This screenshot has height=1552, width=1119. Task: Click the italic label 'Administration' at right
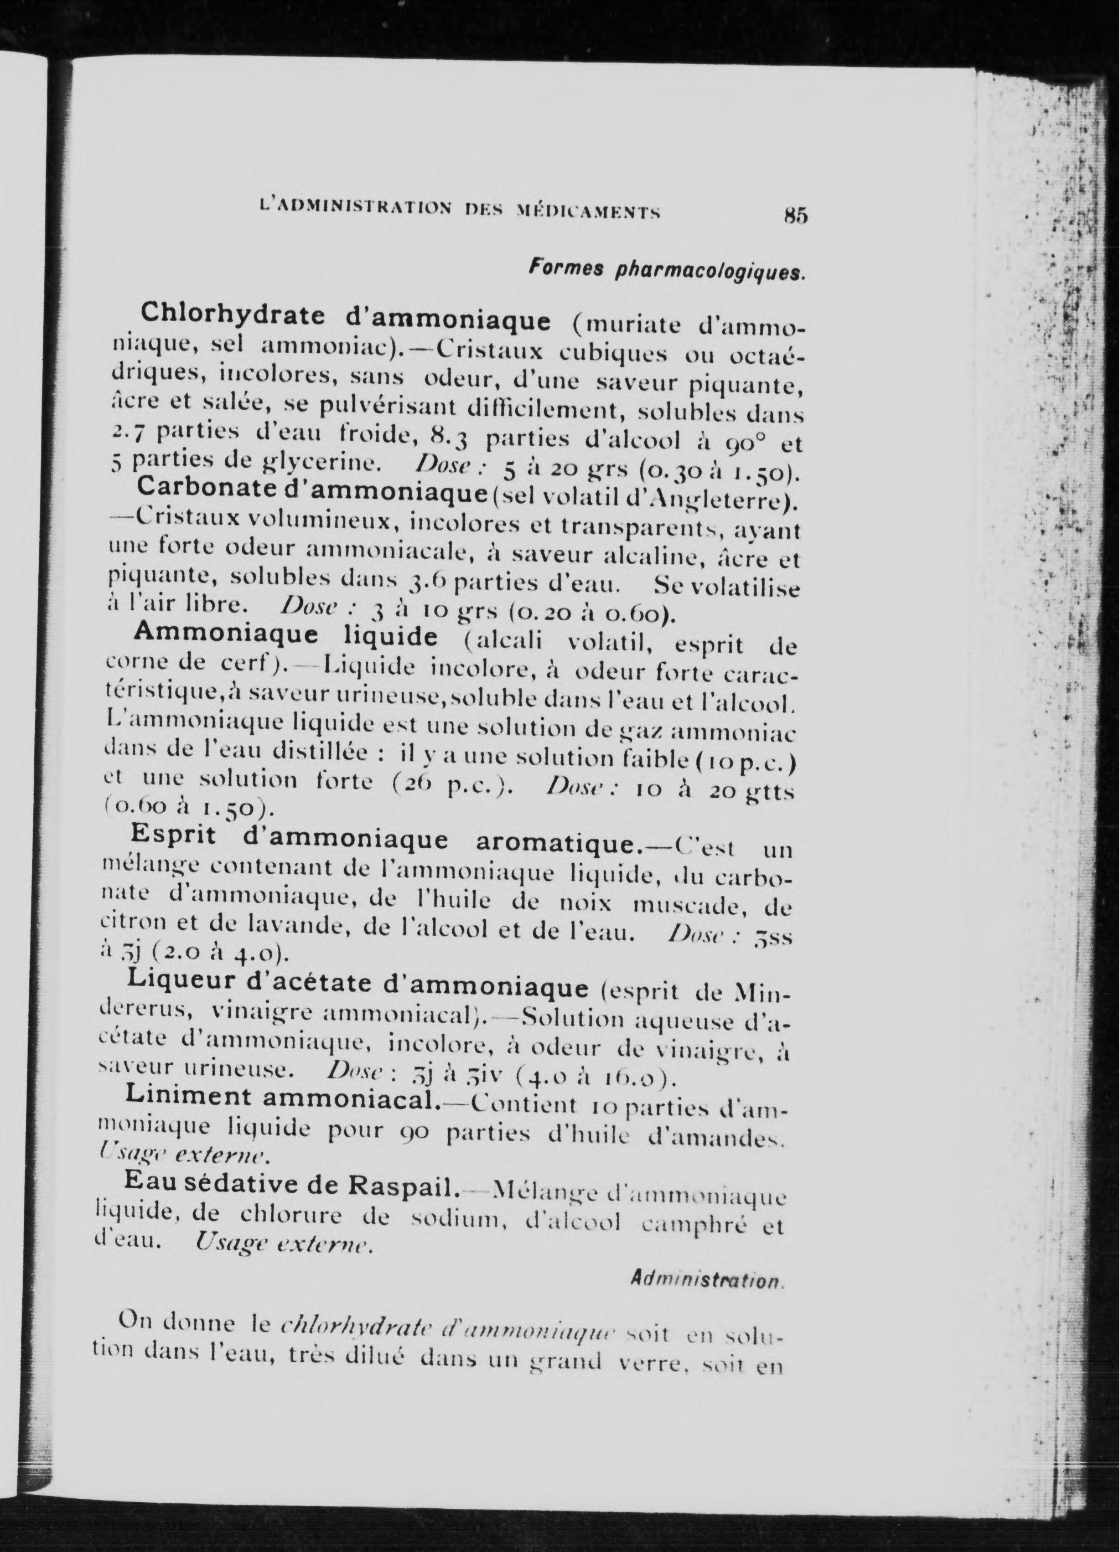pos(707,1279)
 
